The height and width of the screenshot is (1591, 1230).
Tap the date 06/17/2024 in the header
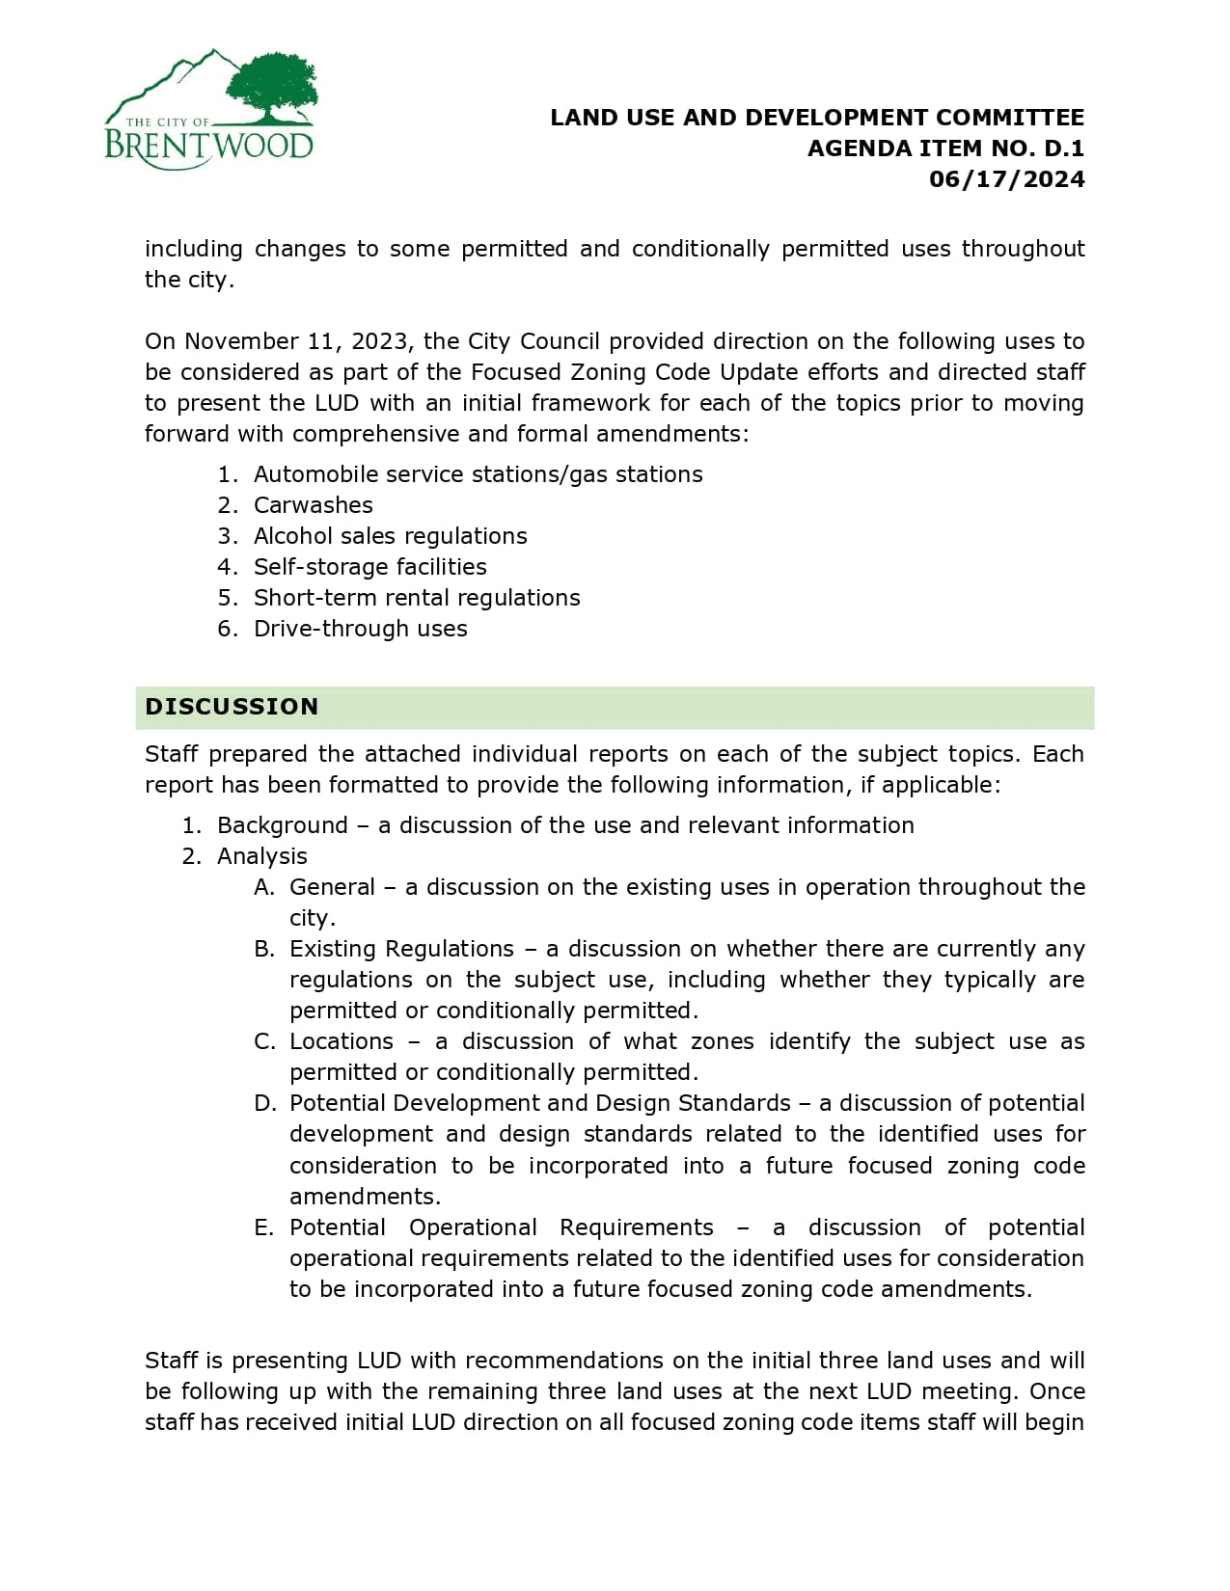(1006, 179)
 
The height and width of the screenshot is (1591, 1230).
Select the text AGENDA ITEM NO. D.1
(945, 148)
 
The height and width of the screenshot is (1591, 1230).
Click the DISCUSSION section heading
(232, 707)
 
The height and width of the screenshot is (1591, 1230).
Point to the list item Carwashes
(313, 505)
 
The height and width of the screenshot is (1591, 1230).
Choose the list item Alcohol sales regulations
(390, 536)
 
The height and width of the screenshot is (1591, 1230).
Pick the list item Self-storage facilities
(369, 567)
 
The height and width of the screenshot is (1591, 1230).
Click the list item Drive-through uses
(360, 629)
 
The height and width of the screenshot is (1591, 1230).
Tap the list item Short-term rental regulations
(417, 598)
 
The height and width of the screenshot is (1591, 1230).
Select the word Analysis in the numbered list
(261, 856)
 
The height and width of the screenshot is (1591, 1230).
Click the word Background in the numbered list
(282, 825)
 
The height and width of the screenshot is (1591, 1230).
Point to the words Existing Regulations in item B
(401, 949)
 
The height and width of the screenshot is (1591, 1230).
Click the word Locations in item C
(342, 1041)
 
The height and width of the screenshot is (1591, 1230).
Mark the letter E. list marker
(264, 1227)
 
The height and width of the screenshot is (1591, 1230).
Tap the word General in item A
(332, 887)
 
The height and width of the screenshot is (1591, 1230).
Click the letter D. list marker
(264, 1103)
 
